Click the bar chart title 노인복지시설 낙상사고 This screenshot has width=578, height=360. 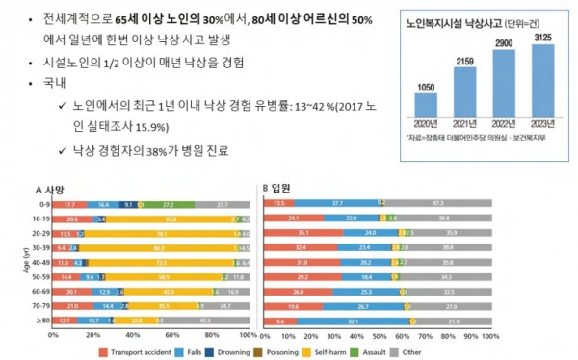click(460, 19)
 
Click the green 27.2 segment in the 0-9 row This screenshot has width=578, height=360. click(169, 205)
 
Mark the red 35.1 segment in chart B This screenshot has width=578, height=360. click(303, 234)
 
